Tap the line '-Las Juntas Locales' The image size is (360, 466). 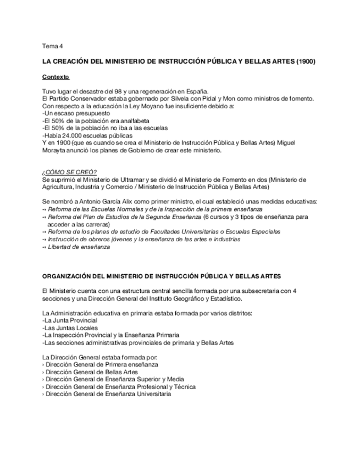point(68,328)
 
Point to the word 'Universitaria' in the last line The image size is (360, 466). point(151,394)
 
